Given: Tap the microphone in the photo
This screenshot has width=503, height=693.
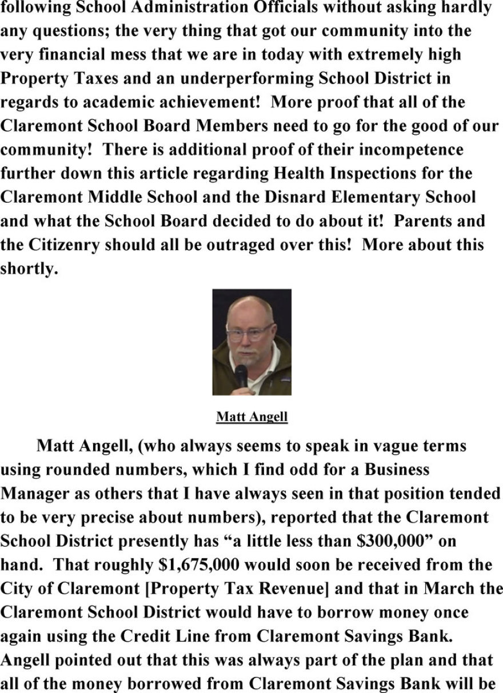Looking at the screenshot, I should pos(241,376).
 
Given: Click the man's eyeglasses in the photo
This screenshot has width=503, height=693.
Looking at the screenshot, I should pos(250,331).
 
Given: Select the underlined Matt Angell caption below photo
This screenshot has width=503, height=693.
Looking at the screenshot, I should pos(251,417).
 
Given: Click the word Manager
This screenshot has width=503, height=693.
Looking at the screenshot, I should pos(37,494).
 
